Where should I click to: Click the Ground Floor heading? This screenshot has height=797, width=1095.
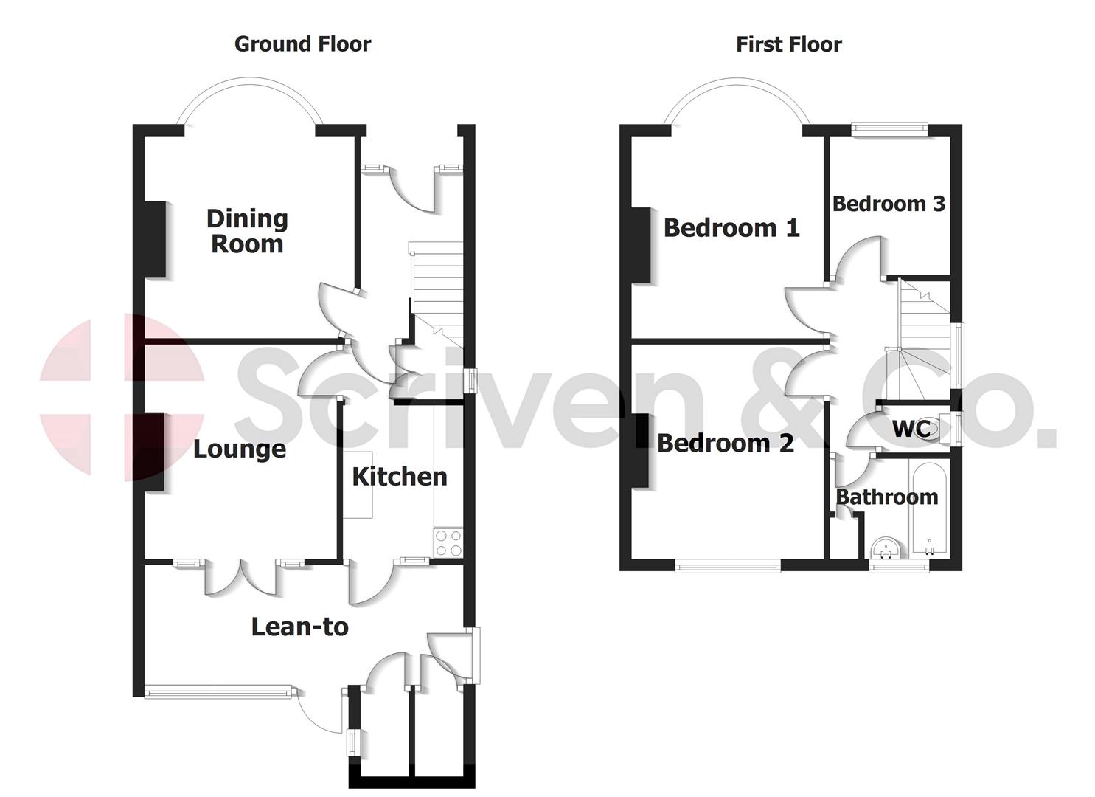(302, 44)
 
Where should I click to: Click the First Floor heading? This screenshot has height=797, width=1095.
(788, 44)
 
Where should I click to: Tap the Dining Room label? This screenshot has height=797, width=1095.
(247, 231)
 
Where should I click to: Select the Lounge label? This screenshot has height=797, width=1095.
(239, 449)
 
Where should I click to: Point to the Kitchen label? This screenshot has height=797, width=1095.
(400, 477)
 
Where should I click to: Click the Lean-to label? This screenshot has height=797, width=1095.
(299, 627)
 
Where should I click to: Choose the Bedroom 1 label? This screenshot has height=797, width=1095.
(731, 227)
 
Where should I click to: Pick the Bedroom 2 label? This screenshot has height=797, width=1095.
(726, 443)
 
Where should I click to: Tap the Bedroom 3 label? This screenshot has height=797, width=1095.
(889, 204)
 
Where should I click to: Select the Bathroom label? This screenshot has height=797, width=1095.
(887, 497)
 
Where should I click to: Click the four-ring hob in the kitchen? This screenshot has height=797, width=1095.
(448, 543)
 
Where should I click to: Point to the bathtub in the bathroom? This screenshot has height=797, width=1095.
(929, 509)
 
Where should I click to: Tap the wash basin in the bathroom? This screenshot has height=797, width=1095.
(886, 549)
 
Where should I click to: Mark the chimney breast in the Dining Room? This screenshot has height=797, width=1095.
(154, 239)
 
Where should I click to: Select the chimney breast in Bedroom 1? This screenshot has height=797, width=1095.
(641, 245)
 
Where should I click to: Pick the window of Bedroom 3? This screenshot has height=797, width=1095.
(889, 128)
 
